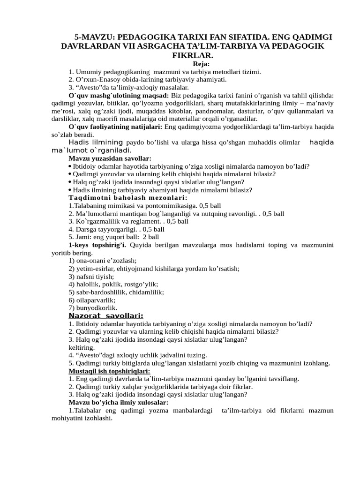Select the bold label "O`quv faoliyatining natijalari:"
tap(115, 127)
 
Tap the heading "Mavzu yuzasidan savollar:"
tap(110, 158)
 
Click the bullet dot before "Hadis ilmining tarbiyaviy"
tap(70, 190)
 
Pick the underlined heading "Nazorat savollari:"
tap(106, 315)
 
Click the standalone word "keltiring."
tap(81, 347)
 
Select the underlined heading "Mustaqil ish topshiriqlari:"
tap(110, 371)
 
